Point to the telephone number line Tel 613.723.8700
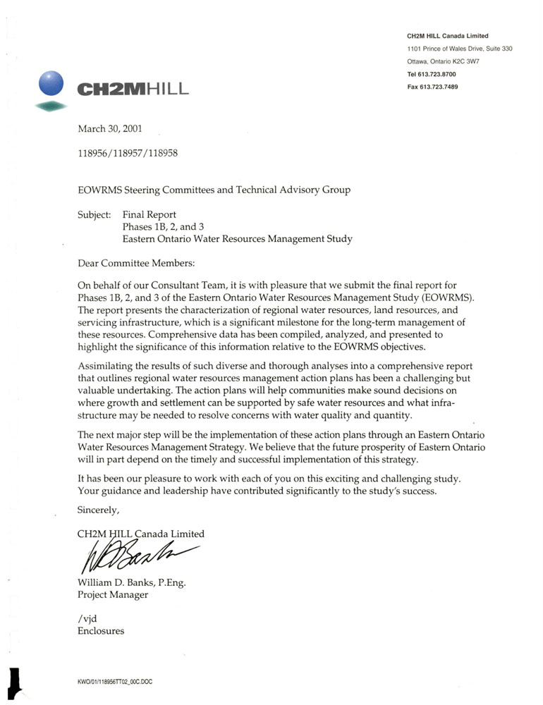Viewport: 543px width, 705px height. coord(432,74)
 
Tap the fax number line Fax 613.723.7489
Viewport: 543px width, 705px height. coord(432,87)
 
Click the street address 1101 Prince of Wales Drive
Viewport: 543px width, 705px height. coord(459,49)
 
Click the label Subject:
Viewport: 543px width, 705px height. coord(94,214)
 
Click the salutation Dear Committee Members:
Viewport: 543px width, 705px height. coord(135,263)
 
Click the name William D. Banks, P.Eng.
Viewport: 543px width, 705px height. coord(131,582)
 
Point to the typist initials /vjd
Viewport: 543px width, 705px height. coord(87,618)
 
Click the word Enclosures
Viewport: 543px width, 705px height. coord(101,631)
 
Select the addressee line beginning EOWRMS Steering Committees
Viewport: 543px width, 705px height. coord(213,190)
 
